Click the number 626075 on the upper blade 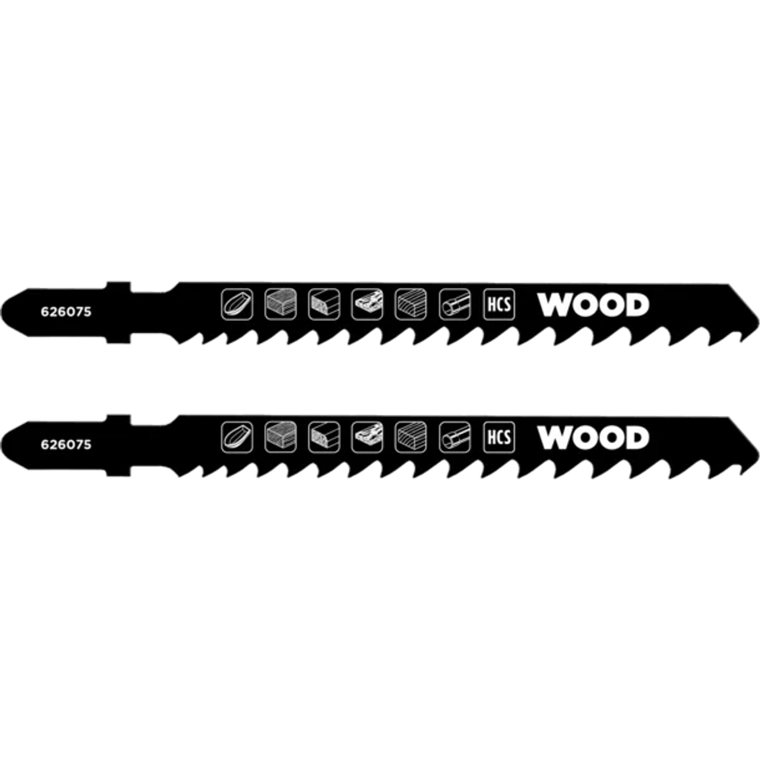[x=66, y=312]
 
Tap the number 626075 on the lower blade [x=66, y=445]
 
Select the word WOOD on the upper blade [x=593, y=305]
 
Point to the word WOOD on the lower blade [x=593, y=438]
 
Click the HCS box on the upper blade [x=499, y=305]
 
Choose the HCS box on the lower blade [x=499, y=437]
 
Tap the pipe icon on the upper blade [x=454, y=305]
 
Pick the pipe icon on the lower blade [x=454, y=437]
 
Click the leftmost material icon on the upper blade [x=237, y=305]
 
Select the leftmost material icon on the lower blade [x=237, y=437]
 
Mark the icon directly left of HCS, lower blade [x=454, y=437]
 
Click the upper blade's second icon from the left [x=280, y=305]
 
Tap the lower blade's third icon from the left [x=324, y=437]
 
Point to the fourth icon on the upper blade [x=367, y=305]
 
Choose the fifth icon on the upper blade [x=410, y=305]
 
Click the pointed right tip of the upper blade [x=758, y=321]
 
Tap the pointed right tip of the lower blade [x=758, y=454]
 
